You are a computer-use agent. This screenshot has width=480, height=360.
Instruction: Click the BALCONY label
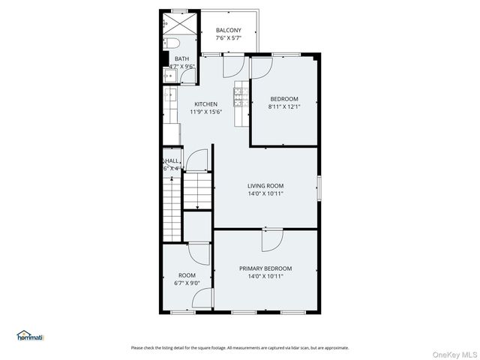[228, 30]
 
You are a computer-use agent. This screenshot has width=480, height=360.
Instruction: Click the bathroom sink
[170, 73]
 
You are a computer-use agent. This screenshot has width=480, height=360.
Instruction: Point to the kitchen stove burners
[241, 95]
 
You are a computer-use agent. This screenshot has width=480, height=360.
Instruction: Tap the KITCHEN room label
[206, 104]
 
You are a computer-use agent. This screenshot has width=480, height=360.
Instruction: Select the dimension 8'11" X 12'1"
[283, 106]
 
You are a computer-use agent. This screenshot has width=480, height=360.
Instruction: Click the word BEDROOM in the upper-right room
[283, 99]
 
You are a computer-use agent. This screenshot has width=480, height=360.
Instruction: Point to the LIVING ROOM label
[265, 185]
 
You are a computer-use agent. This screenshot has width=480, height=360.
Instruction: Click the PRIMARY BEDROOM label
[265, 268]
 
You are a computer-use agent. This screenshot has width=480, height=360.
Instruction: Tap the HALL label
[172, 160]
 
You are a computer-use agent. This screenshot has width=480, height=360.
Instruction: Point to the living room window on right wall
[319, 187]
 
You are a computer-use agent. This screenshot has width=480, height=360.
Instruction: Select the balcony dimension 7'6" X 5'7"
[228, 37]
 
